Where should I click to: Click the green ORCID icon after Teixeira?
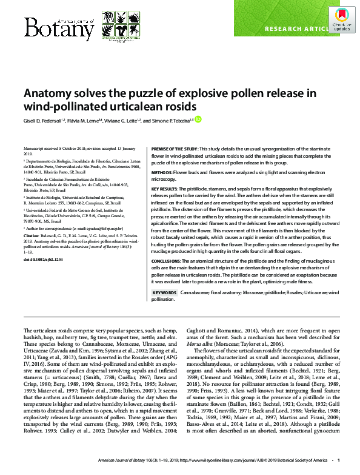198,120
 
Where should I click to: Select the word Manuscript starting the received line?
35,149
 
